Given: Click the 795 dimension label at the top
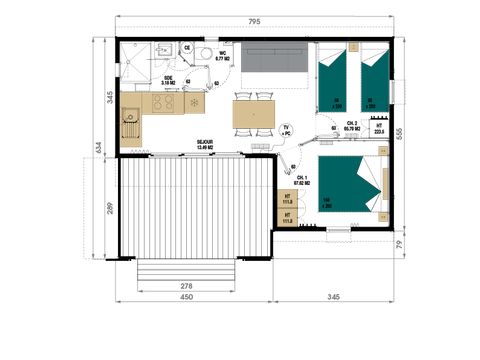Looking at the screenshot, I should tap(256, 22).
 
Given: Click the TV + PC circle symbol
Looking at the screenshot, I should tap(286, 130).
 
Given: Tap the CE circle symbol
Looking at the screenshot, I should tap(186, 47).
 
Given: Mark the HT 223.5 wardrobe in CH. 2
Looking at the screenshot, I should tap(378, 127).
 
